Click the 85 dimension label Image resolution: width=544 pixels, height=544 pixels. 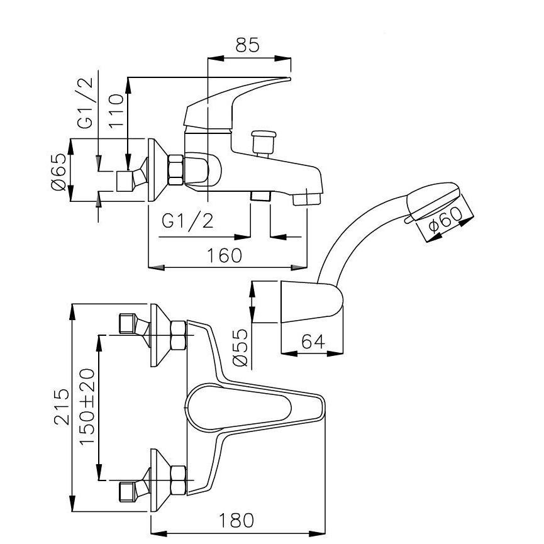(x=247, y=45)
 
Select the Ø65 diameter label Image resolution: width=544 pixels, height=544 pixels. (x=58, y=172)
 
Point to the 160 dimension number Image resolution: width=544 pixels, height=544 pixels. (x=224, y=255)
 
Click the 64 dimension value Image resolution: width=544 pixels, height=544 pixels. (x=313, y=341)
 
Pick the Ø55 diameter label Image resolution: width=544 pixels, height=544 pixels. (x=241, y=348)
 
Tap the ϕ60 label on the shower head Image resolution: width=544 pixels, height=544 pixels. (x=445, y=219)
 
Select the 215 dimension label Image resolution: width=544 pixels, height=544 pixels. (x=62, y=407)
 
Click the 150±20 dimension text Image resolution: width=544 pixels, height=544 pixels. (x=87, y=406)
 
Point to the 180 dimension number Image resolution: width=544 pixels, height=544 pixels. (x=236, y=520)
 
